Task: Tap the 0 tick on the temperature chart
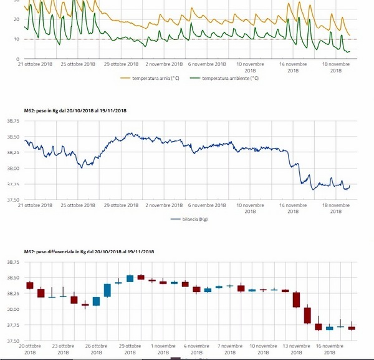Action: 18,59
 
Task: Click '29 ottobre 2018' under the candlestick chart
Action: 130,348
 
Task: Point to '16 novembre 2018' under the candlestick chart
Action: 331,348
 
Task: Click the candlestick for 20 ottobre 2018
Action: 30,285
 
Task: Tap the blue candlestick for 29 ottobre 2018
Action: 130,278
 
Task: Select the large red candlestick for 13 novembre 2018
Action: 296,299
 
